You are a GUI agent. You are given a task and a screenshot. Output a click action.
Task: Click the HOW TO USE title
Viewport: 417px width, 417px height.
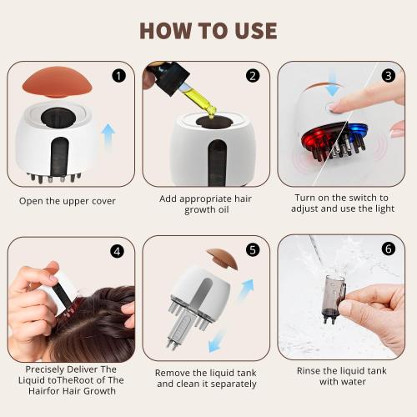coord(208,30)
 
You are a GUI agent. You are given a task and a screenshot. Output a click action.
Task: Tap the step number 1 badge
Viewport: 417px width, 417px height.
coord(118,76)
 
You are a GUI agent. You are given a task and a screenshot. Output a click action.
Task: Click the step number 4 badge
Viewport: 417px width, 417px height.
coord(118,249)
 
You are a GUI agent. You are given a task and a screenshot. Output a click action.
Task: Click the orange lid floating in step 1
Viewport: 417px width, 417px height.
coord(56,83)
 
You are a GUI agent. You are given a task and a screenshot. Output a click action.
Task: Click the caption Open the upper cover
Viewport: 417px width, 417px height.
coord(67,201)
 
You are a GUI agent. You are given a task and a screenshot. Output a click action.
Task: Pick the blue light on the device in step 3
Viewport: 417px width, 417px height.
coord(357,132)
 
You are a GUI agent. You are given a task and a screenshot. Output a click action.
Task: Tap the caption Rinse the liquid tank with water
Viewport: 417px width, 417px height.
coord(341,375)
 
